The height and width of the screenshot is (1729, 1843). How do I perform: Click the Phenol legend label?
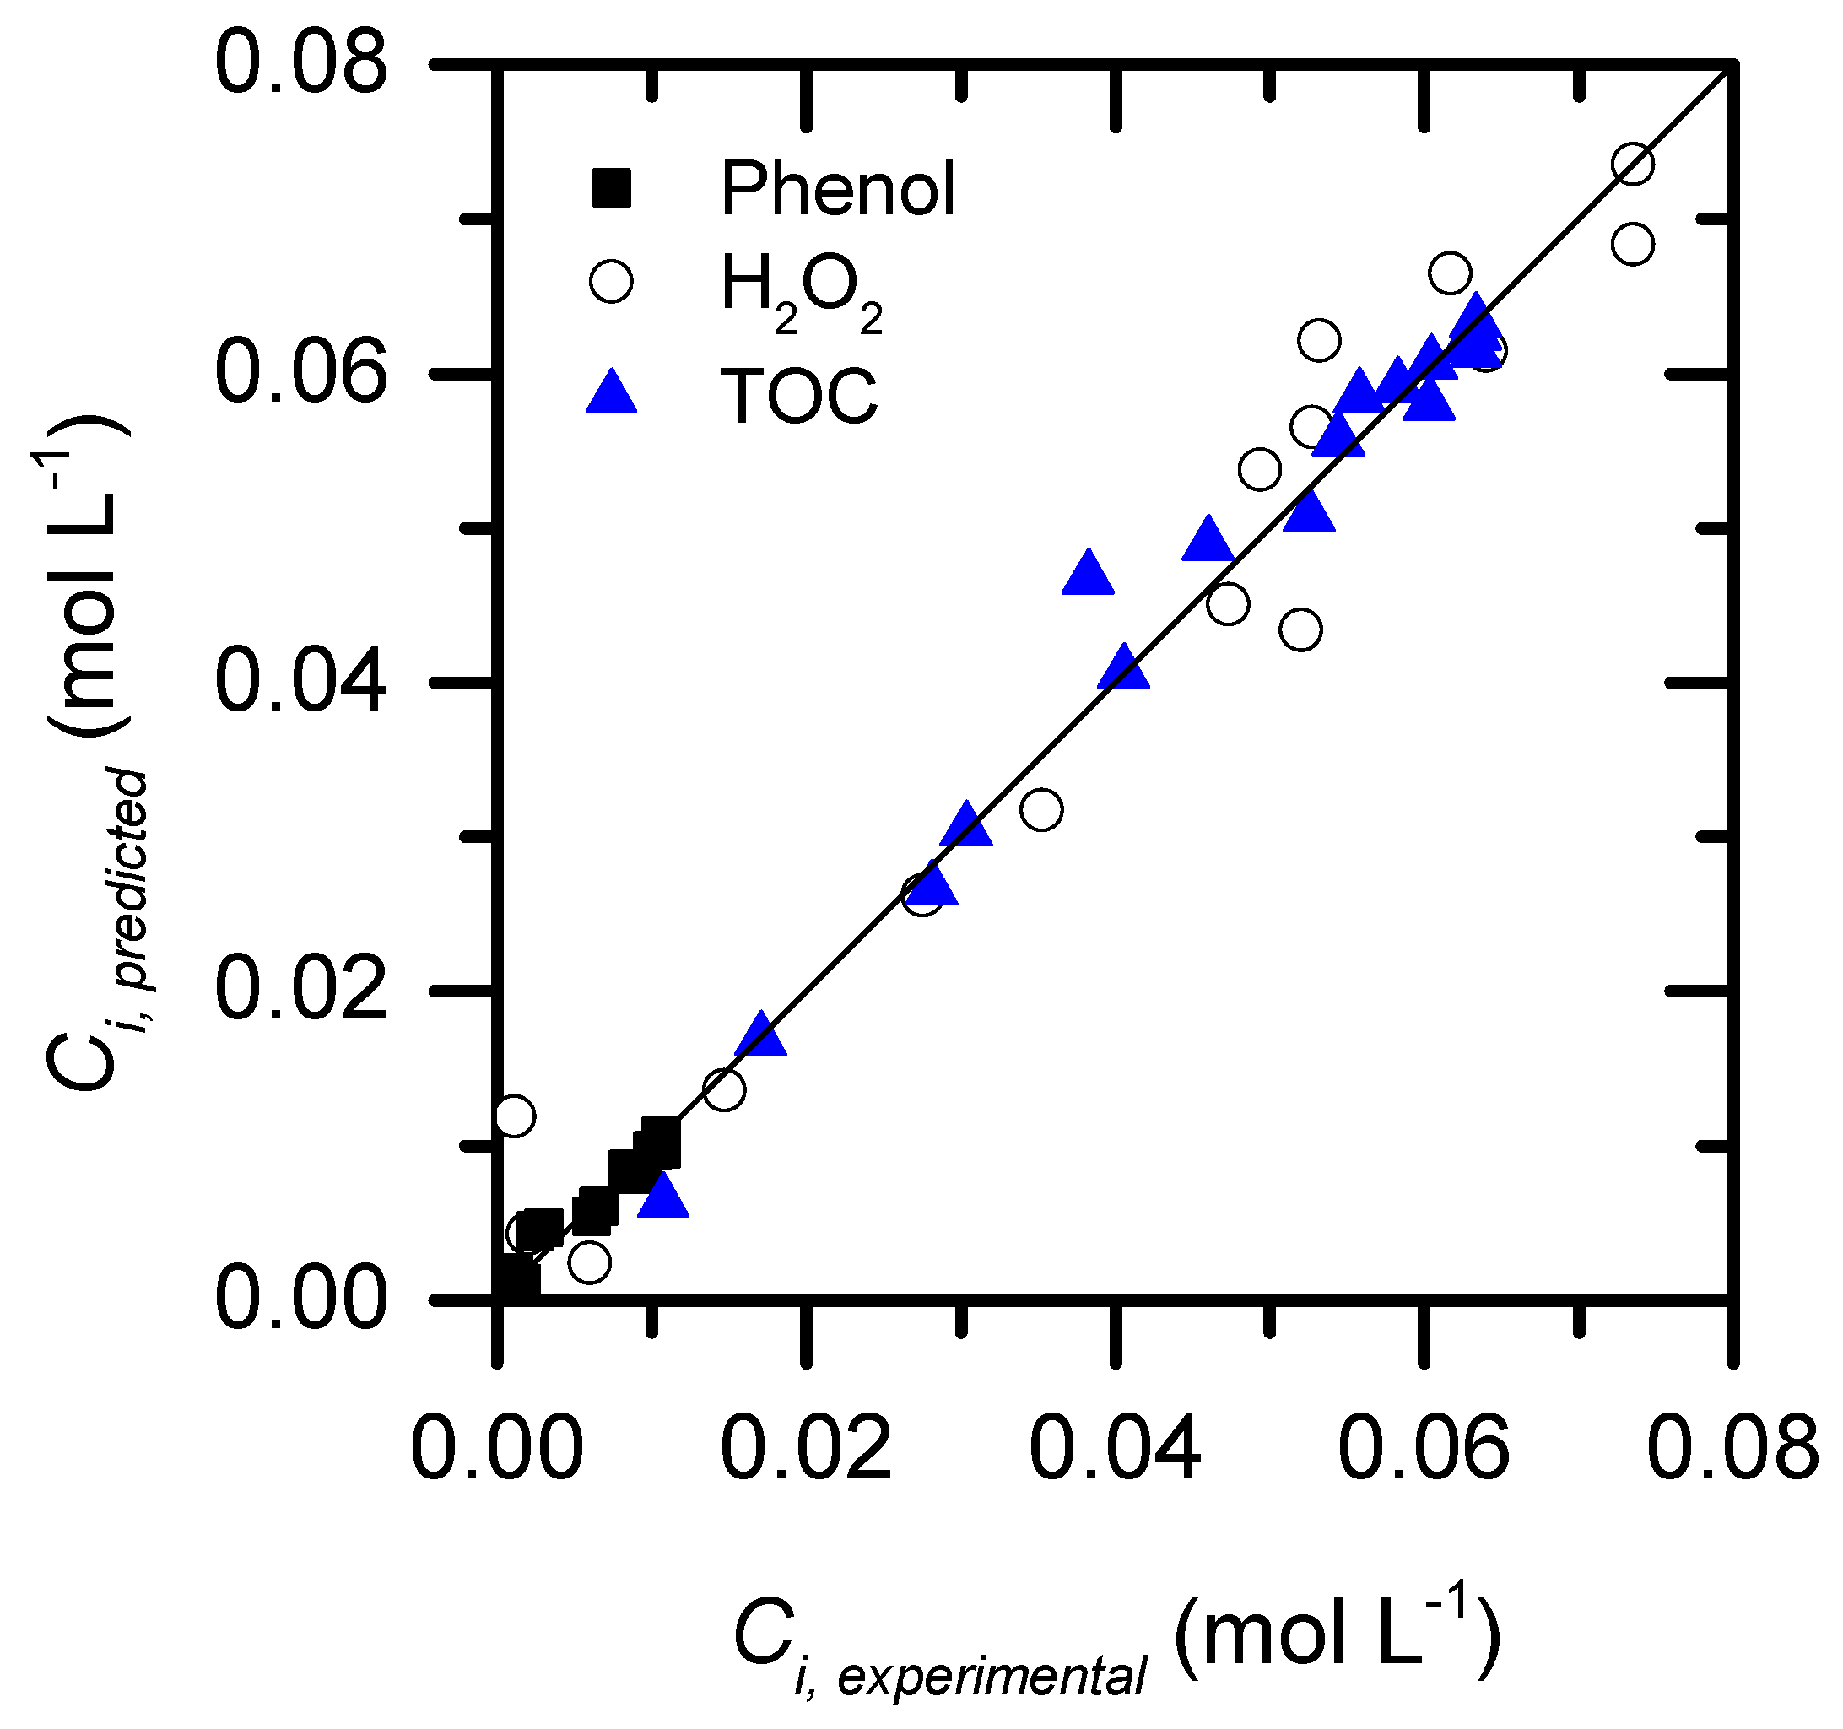[x=837, y=189]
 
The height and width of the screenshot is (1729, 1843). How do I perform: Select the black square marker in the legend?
[x=611, y=188]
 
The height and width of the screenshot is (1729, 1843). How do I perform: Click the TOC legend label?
[x=798, y=396]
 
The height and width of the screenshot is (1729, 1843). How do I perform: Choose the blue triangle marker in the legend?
[x=611, y=392]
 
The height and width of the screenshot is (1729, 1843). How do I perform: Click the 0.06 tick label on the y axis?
[x=300, y=373]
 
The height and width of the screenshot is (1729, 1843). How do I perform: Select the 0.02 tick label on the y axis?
[x=300, y=992]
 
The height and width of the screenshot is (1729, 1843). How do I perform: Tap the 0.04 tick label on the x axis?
[x=1116, y=1448]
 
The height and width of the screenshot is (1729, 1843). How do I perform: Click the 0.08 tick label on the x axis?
[x=1732, y=1448]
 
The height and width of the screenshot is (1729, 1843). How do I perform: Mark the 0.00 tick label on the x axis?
[x=497, y=1448]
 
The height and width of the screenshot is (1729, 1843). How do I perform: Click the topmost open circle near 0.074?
[x=1633, y=164]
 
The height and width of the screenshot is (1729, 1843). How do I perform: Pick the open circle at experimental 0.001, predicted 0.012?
[x=516, y=1116]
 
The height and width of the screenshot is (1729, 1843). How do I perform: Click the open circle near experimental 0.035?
[x=1041, y=810]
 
